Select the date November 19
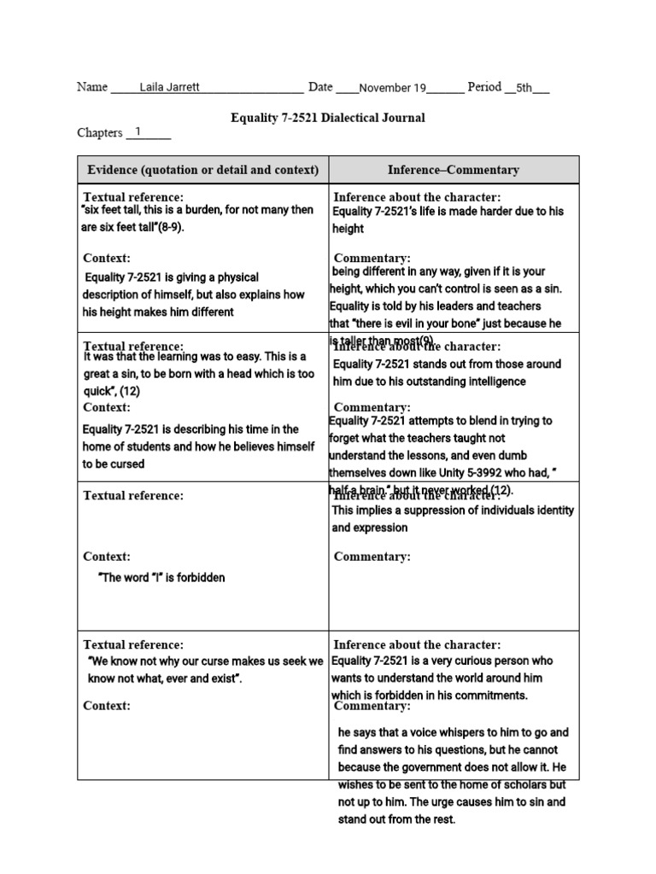click(x=392, y=88)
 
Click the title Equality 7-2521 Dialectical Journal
click(x=327, y=118)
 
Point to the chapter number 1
click(x=138, y=132)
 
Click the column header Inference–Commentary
click(x=454, y=170)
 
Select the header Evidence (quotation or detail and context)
click(x=203, y=170)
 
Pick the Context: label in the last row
click(x=107, y=706)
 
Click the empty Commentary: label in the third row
click(x=372, y=556)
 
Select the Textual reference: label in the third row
click(x=132, y=496)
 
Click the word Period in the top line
click(x=484, y=87)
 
